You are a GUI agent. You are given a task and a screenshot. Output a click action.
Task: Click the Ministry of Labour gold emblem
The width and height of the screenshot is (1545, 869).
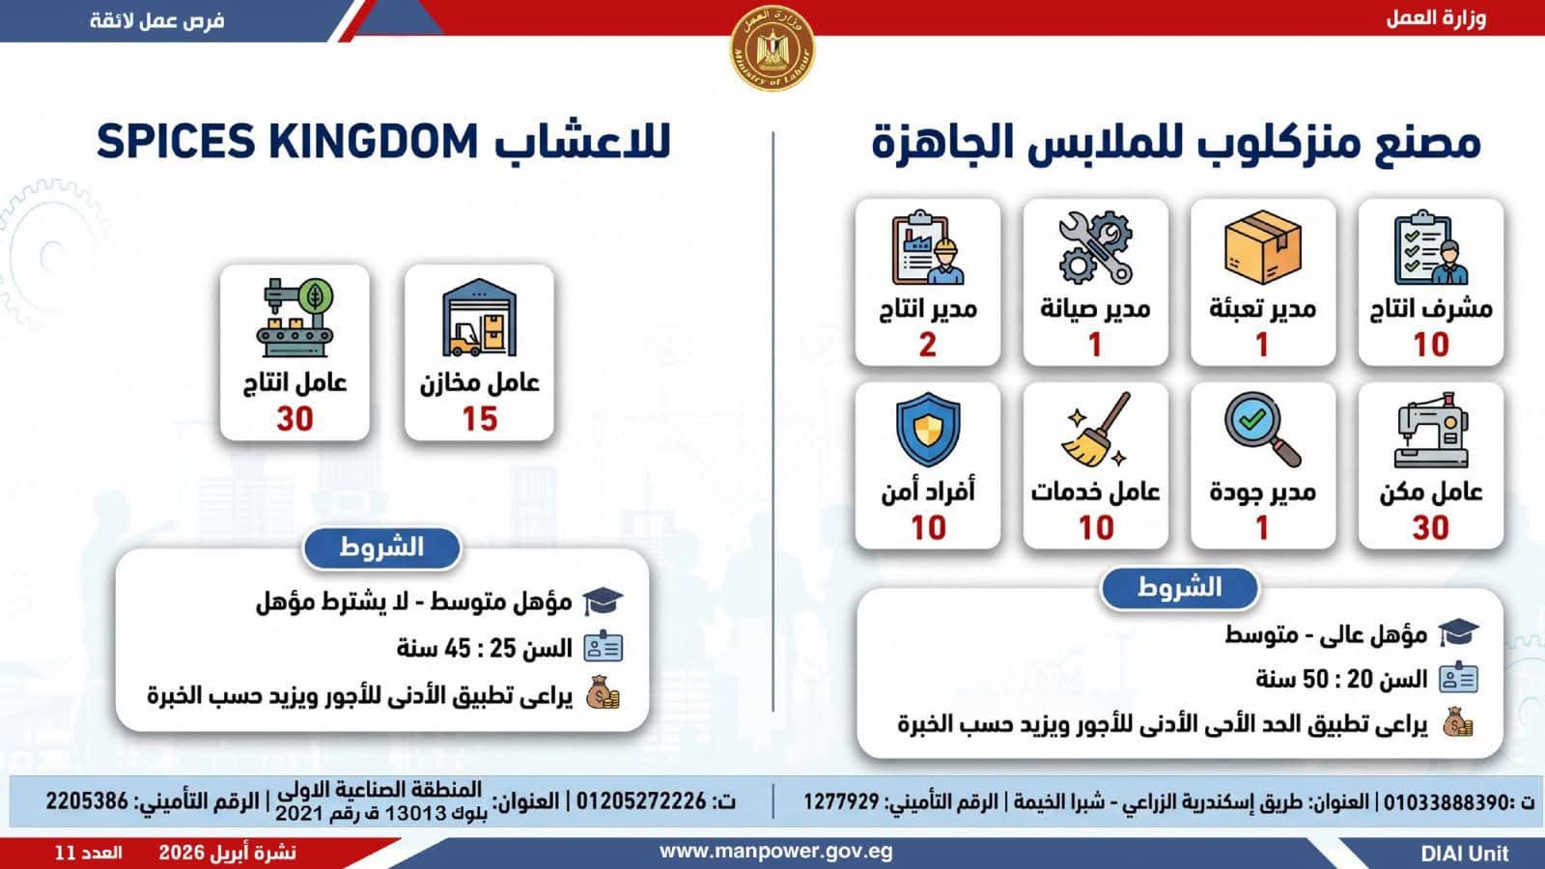click(772, 47)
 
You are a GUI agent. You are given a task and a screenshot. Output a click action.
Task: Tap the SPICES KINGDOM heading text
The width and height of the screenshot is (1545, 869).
click(287, 142)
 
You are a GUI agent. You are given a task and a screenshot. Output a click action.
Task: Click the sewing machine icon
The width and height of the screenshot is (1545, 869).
click(1431, 431)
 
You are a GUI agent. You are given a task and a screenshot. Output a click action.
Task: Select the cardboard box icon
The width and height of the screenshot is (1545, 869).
click(1263, 247)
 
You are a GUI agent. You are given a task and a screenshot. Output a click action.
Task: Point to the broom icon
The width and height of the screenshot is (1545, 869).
click(1096, 430)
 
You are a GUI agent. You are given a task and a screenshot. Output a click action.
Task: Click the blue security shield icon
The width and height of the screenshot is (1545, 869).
click(928, 430)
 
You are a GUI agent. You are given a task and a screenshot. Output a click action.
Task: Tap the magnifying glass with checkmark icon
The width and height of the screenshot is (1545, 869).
click(1263, 431)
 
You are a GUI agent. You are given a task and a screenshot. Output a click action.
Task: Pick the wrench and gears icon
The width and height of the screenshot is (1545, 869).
click(1095, 247)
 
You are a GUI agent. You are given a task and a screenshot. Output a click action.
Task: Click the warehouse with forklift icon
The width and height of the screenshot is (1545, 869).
click(479, 318)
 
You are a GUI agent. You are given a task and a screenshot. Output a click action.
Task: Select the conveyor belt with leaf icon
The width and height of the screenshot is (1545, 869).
click(295, 318)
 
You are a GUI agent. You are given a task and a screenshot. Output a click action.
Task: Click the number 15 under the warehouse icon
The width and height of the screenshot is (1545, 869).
click(479, 419)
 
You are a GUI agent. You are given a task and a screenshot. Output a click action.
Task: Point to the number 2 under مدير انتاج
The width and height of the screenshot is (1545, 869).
click(928, 345)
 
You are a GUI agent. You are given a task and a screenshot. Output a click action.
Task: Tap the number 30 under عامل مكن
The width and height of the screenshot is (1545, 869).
click(1430, 528)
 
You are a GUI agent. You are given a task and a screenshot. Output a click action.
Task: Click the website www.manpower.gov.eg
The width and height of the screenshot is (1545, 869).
click(776, 852)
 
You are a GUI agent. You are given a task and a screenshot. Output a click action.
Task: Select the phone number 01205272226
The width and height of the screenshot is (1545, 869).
click(641, 801)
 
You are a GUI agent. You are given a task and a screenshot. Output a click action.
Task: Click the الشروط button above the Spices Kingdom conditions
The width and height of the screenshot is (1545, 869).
click(381, 548)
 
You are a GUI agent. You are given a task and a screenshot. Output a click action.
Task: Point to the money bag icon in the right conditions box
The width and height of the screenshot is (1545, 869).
click(1458, 723)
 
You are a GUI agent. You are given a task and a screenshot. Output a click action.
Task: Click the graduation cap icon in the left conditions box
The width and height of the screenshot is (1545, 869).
click(603, 602)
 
